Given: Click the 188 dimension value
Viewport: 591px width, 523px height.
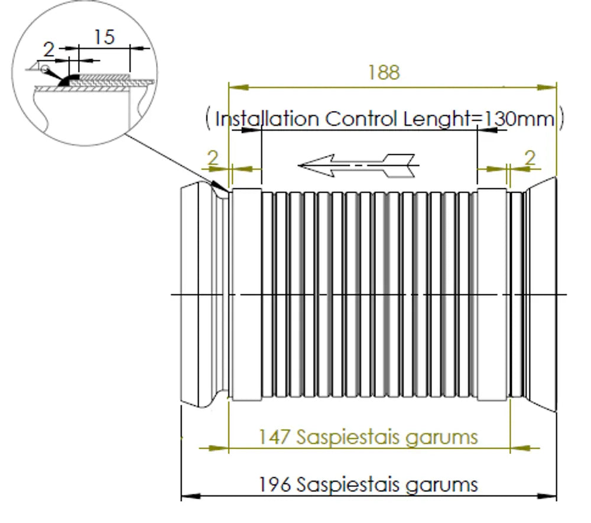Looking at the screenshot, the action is tap(384, 72).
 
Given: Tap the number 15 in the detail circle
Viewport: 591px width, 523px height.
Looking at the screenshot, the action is tap(104, 37).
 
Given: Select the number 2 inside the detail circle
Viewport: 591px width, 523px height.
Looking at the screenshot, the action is tap(48, 50).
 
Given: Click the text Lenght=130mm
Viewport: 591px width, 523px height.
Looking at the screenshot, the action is tap(479, 119).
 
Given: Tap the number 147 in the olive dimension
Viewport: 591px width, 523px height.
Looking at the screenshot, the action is tap(274, 437).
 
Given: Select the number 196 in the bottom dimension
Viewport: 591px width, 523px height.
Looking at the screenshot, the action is tap(275, 484).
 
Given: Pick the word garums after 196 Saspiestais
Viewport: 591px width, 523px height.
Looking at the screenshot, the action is tap(441, 485).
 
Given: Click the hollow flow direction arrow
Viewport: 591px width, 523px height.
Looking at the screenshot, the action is tap(358, 165).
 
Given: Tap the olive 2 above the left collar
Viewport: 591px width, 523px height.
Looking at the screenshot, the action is tap(213, 158).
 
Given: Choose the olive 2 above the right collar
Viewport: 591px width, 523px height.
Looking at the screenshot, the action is tap(530, 158).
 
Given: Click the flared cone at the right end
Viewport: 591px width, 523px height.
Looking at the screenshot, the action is tap(541, 294).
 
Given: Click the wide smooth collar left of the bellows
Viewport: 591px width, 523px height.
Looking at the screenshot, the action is tap(247, 294).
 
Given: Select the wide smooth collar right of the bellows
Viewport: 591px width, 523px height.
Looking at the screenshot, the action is tap(492, 294).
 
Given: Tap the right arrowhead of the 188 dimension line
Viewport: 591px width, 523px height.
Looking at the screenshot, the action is tap(547, 87).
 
